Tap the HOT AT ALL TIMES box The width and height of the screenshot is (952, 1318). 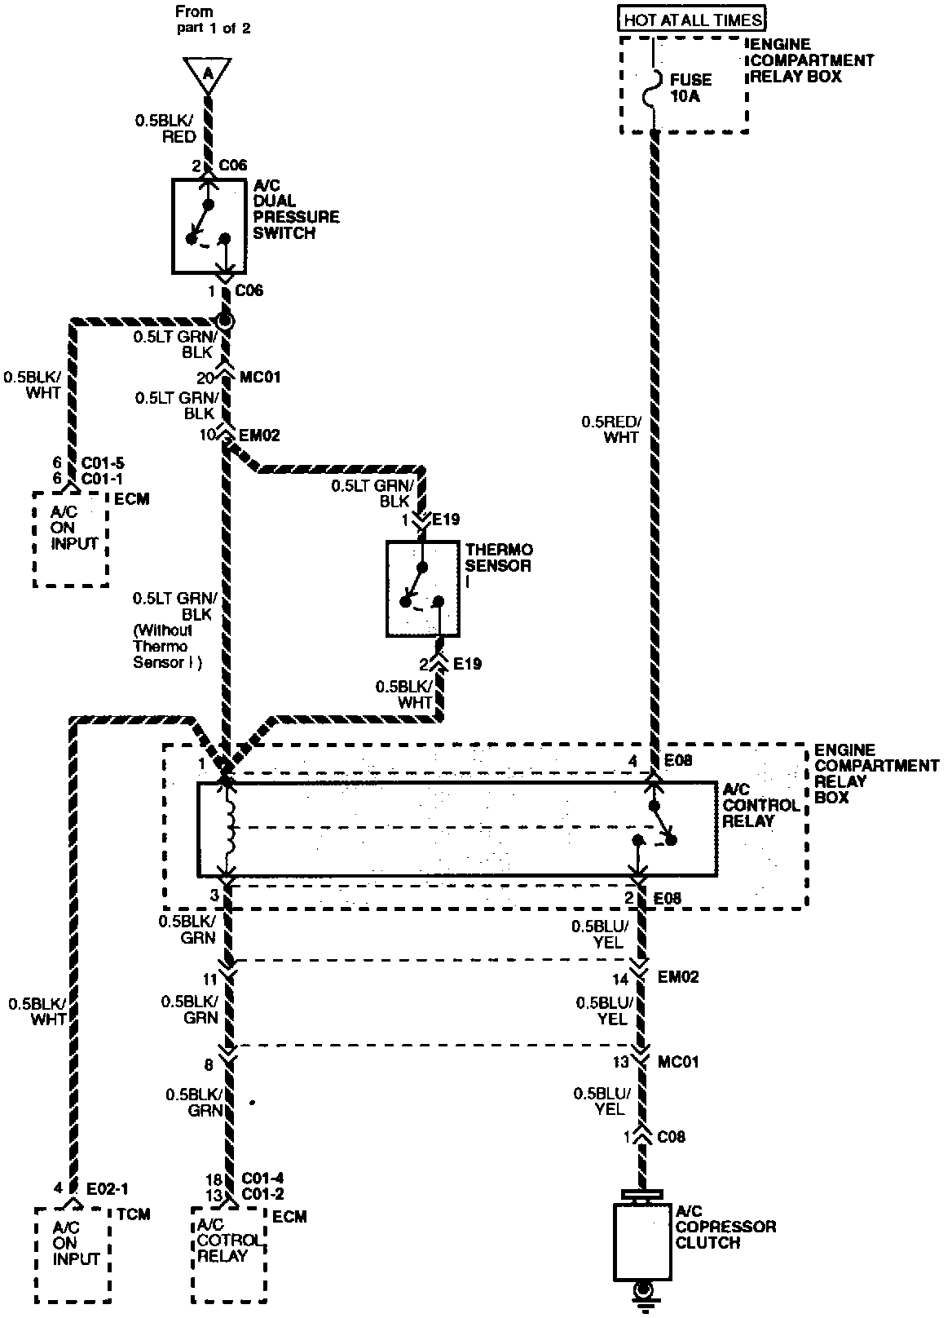[x=692, y=18]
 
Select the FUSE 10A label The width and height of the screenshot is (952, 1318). [x=690, y=87]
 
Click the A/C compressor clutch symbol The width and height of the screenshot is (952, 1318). [x=642, y=1241]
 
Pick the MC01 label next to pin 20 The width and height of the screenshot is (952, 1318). [x=260, y=377]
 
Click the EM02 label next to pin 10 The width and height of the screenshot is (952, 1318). [x=259, y=436]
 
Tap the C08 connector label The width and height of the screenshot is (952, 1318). [x=671, y=1136]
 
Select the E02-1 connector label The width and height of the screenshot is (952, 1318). [x=107, y=1188]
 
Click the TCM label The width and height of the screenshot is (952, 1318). [x=134, y=1214]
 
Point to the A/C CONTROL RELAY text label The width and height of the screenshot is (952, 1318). [x=761, y=805]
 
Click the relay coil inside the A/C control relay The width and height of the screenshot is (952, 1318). [x=229, y=827]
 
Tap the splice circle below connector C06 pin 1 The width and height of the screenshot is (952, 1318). [x=225, y=321]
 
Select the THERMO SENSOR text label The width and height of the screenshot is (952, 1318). [x=499, y=558]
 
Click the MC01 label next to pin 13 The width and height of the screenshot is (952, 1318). [x=678, y=1061]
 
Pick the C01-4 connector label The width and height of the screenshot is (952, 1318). [x=262, y=1178]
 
